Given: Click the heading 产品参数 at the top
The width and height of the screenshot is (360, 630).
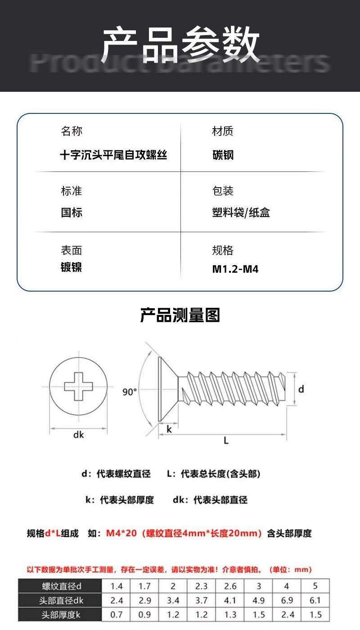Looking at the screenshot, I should click(x=180, y=45).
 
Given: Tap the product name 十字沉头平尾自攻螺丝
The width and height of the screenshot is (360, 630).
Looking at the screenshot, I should click(x=113, y=156).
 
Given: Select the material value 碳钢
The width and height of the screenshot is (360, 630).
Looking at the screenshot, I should click(x=223, y=156).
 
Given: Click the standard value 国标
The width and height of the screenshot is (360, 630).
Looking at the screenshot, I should click(x=72, y=212).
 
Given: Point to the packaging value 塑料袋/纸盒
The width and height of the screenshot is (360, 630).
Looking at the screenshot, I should click(x=241, y=212).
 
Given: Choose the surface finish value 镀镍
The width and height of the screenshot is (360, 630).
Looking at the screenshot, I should click(x=72, y=267).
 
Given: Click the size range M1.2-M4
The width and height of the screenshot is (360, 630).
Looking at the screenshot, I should click(x=235, y=270).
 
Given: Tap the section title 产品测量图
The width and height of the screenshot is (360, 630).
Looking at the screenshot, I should click(x=180, y=315).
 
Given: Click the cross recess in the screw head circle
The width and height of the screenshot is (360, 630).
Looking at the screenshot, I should click(x=79, y=386).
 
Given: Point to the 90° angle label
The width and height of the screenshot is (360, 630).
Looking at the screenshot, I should click(x=130, y=392).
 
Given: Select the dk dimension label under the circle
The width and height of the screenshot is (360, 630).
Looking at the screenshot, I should click(x=79, y=435).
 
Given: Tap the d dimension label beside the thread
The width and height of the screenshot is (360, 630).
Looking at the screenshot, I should click(x=301, y=389).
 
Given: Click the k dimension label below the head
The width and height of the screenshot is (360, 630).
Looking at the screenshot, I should click(x=169, y=429).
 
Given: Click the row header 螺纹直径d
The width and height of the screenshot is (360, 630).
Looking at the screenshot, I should click(x=61, y=586).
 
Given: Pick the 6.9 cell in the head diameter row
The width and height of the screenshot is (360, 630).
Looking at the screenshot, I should click(x=287, y=600).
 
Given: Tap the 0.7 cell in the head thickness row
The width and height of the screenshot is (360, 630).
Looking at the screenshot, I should click(x=117, y=615).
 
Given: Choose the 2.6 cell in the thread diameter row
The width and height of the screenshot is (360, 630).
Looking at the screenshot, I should click(x=230, y=586).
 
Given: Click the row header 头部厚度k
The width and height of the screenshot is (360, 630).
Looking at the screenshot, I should click(x=61, y=615).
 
